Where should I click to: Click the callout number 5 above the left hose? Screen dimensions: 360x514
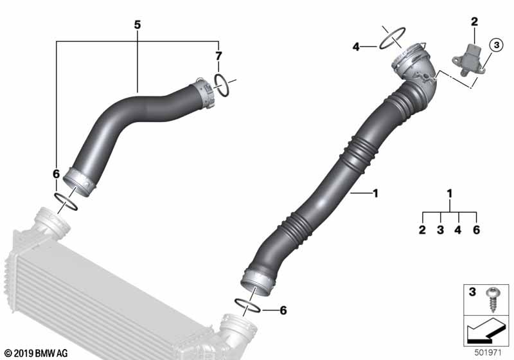coord(137,24)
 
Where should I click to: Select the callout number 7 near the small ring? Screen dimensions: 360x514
coord(218,57)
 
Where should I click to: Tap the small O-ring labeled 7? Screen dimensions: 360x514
coord(221,85)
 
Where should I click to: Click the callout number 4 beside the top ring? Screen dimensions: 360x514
coord(356,46)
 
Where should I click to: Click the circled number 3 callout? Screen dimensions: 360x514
coord(495,45)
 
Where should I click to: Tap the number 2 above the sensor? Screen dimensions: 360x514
coord(474,22)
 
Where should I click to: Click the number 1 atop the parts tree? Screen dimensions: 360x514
coord(450,193)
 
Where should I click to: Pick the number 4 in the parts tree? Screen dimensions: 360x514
coord(458,230)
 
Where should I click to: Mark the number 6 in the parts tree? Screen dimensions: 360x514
coord(476,230)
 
